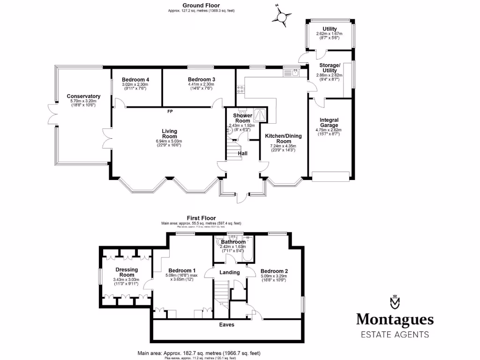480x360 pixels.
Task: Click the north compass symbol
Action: coord(281,17)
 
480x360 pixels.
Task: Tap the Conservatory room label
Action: coord(83,96)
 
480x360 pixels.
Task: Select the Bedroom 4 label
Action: coord(135,80)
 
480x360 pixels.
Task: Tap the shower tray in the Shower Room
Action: coord(261,115)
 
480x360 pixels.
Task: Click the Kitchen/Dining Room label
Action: coord(284,138)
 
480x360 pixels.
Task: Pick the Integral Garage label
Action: coord(329,123)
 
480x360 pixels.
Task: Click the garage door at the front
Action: coord(330,176)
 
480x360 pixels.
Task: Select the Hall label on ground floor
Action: coord(243,153)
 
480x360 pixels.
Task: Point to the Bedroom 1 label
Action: coord(182,270)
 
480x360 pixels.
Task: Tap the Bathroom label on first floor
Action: coord(233,242)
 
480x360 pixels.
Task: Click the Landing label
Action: coord(230,272)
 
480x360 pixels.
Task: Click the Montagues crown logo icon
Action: coord(394,302)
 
